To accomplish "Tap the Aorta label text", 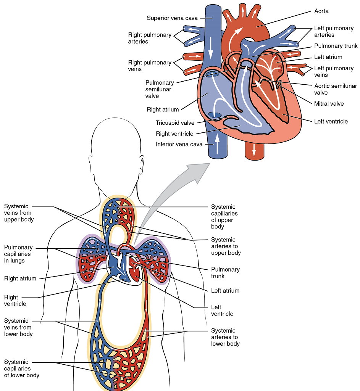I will (x=321, y=11).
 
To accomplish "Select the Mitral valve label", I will (x=329, y=103).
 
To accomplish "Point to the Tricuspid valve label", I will (x=175, y=123).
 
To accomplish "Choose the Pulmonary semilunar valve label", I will (x=160, y=89).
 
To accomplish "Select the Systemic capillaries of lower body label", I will (x=22, y=368).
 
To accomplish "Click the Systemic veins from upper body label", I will (x=19, y=213).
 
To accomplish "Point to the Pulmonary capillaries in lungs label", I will (x=18, y=254).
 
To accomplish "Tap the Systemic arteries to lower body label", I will (x=225, y=337).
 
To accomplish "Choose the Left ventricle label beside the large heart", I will (x=331, y=121).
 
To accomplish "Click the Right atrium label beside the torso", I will (x=20, y=278).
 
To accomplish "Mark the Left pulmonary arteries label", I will (x=334, y=32).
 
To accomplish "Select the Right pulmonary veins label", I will (x=150, y=66).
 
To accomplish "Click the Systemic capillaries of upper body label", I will (x=224, y=217).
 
